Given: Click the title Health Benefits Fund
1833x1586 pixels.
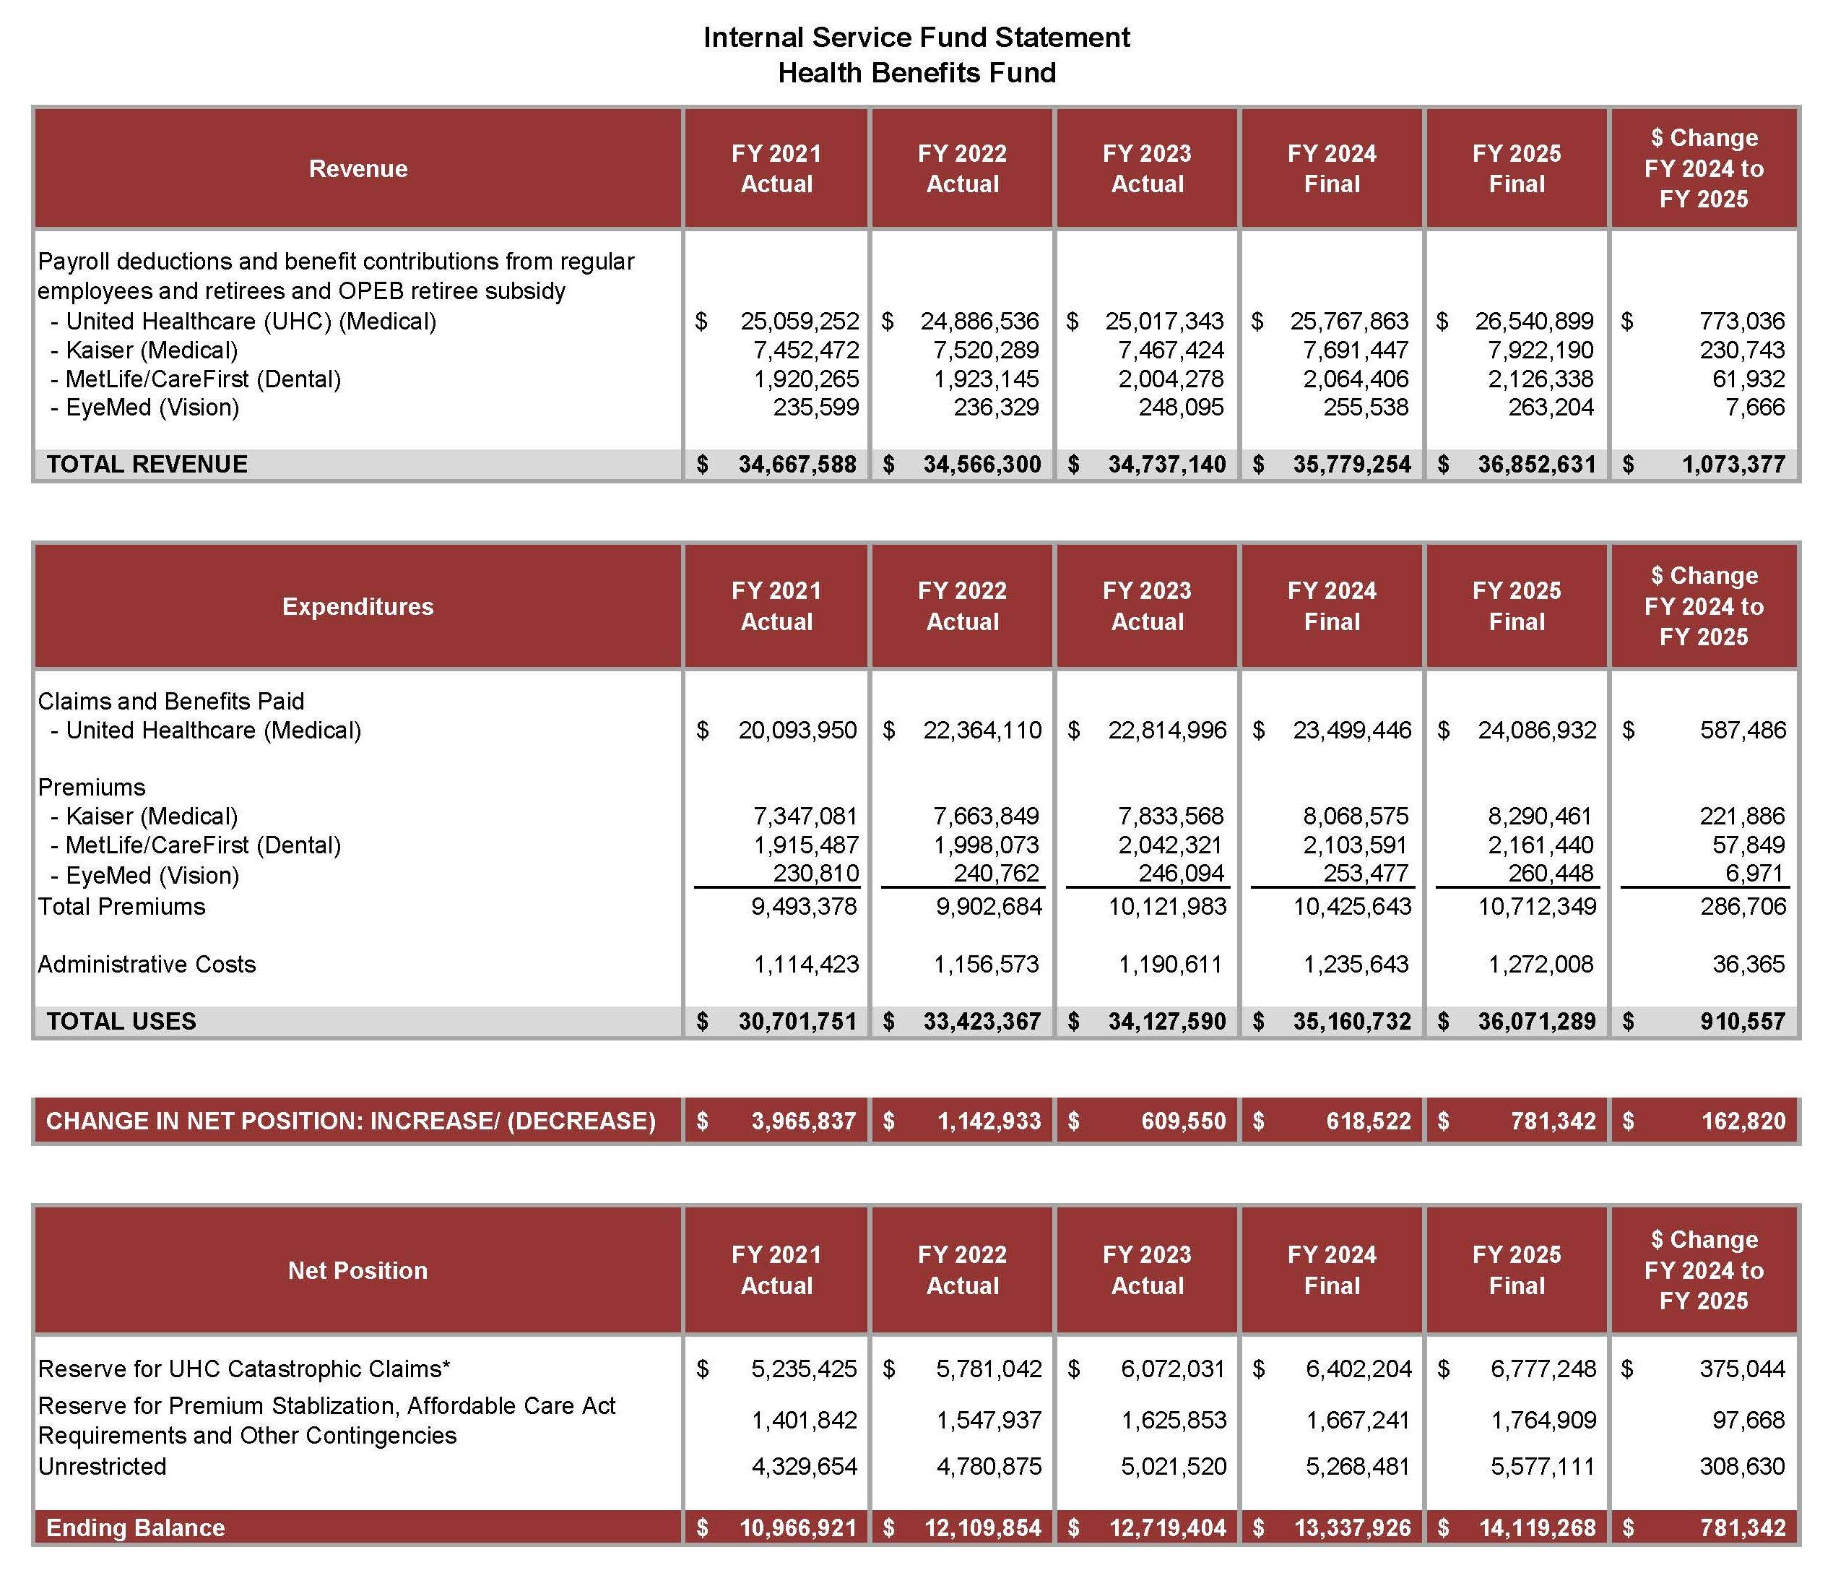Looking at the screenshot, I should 916,72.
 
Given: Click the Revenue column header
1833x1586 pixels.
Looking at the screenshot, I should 357,168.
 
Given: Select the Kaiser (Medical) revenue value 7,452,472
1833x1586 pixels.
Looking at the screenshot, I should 805,350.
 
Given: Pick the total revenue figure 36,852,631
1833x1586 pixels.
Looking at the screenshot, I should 1537,465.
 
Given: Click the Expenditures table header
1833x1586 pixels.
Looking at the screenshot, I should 357,606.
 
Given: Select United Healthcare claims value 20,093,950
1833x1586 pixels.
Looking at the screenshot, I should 797,730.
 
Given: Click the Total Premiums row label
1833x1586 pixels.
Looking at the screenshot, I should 121,906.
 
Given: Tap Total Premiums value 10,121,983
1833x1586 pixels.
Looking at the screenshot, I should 1167,906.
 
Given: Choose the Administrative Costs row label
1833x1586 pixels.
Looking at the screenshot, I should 147,964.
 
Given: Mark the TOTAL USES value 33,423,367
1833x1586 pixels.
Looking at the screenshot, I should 982,1022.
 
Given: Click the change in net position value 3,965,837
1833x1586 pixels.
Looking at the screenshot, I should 803,1121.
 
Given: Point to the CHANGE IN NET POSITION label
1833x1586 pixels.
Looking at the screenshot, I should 350,1121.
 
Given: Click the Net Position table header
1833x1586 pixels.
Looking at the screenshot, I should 357,1270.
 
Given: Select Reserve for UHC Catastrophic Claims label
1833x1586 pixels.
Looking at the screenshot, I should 244,1369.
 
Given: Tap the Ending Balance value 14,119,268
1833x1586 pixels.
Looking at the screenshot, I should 1537,1527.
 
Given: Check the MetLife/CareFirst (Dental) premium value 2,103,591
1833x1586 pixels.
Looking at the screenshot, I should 1356,845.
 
